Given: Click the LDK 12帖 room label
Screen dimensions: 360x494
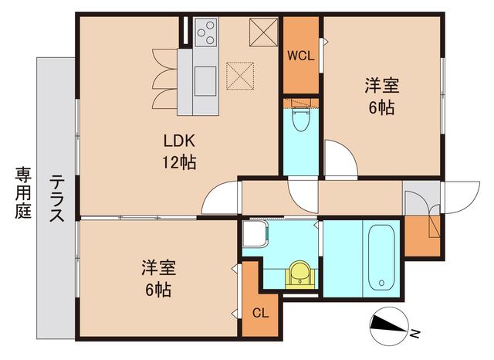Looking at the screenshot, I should pos(178,151).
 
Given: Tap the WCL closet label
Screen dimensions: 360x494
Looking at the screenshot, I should pos(299,56).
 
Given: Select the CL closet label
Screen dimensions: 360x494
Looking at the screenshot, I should pos(261,314).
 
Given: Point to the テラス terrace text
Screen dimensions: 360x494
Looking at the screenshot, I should pos(57,200).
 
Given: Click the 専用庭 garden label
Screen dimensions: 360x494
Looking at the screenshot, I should pos(21,193).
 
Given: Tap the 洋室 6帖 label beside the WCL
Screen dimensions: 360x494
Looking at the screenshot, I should pos(381,97).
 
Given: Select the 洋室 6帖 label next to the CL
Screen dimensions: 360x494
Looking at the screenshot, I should pos(157,279).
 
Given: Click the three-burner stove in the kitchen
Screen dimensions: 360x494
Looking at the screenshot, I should pos(206,32).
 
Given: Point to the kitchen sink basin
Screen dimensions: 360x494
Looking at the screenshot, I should pos(206,80).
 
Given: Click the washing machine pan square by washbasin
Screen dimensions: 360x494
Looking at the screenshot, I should pos(254,233).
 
